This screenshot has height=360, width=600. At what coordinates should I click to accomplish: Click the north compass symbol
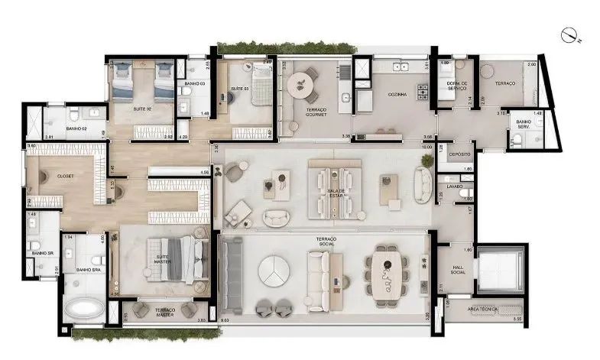(x=566, y=34)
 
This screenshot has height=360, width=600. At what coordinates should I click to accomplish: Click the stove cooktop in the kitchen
(x=422, y=92)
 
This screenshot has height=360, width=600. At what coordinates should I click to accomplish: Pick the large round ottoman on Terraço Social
(x=274, y=271)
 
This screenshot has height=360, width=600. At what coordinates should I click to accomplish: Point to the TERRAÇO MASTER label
(x=165, y=312)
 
